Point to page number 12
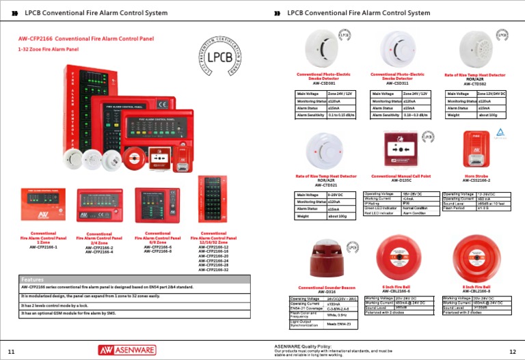point(513,351)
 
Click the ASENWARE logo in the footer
point(125,350)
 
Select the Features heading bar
point(134,279)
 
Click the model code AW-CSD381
point(326,83)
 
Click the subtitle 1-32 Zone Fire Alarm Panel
point(49,49)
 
